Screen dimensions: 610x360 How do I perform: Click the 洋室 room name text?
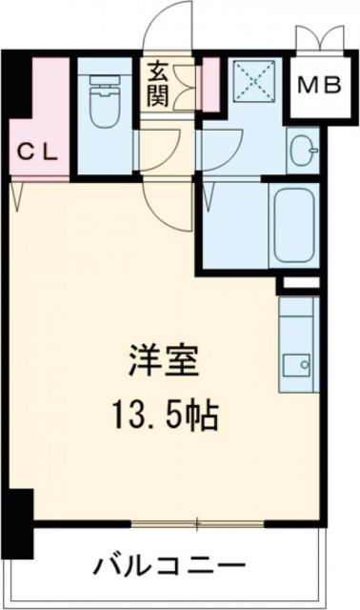pos(160,363)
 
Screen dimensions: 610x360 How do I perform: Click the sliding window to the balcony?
pos(197,523)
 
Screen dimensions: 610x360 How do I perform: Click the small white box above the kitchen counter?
pos(296,284)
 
